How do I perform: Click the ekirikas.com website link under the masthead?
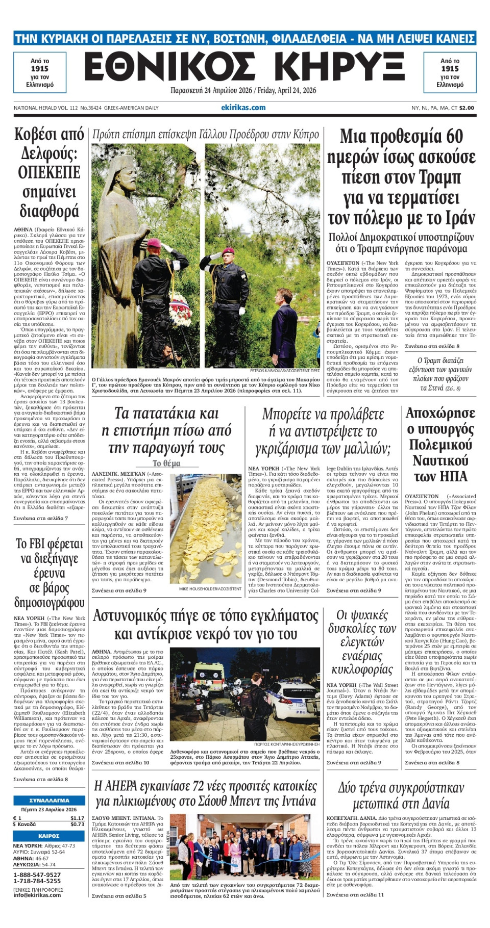pyautogui.click(x=243, y=108)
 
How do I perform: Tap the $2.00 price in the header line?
pyautogui.click(x=467, y=108)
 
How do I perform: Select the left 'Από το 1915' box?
pyautogui.click(x=40, y=72)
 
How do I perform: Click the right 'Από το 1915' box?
pyautogui.click(x=450, y=72)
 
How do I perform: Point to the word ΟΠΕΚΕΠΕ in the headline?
pyautogui.click(x=49, y=172)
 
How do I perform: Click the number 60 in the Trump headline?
pyautogui.click(x=450, y=137)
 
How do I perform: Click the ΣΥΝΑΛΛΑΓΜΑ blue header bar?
pyautogui.click(x=49, y=801)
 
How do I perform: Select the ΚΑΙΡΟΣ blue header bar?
pyautogui.click(x=49, y=836)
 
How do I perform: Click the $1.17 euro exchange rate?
pyautogui.click(x=77, y=818)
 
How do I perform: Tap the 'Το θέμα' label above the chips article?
pyautogui.click(x=166, y=463)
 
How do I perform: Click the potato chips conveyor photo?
pyautogui.click(x=206, y=528)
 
